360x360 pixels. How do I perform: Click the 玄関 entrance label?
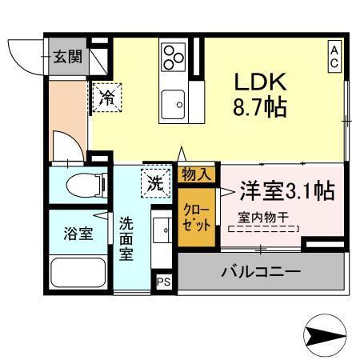[x=66, y=58]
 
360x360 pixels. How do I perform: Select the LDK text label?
[x=259, y=82]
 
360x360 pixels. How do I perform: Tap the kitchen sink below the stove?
[x=173, y=102]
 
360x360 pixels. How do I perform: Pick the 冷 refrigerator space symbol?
[x=106, y=98]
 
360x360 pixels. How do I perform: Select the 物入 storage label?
[x=196, y=174]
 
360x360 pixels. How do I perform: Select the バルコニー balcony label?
[x=261, y=273]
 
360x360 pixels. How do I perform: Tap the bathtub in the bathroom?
[x=78, y=276]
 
